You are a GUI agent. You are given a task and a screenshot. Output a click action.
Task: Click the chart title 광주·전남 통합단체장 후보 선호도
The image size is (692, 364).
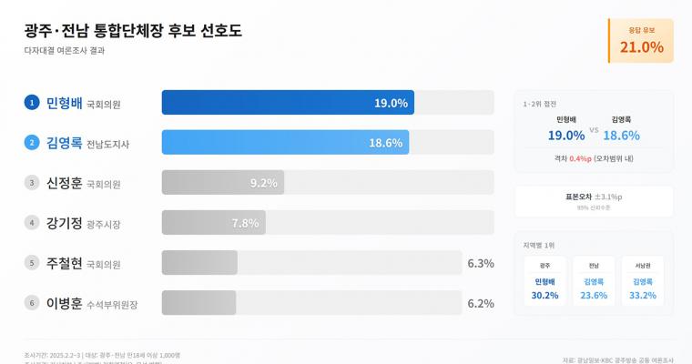point(133,30)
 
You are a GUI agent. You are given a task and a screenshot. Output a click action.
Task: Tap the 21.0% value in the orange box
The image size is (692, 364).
point(641,47)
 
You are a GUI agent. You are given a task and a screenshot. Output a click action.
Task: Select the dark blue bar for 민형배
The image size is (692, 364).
point(288,103)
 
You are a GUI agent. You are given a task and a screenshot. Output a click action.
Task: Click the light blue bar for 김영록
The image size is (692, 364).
point(285,143)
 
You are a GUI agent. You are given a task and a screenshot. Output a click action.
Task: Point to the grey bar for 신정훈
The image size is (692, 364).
point(223,183)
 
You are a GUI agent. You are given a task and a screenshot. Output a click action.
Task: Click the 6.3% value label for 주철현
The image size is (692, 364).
point(480,263)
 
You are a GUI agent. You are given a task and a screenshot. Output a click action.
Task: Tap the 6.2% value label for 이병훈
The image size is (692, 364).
point(480,303)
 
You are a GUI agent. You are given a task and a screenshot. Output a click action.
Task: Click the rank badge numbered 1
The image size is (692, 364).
point(32,103)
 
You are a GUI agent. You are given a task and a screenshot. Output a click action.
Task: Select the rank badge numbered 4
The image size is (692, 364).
point(32,223)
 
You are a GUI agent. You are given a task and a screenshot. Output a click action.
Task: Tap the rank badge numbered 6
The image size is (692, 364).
point(32,303)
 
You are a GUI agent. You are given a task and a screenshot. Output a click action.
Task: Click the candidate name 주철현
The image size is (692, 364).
point(64,263)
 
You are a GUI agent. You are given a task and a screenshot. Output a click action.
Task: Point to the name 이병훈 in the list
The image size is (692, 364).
point(64,303)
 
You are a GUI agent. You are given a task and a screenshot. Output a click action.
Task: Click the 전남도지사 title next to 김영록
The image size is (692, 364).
point(109,144)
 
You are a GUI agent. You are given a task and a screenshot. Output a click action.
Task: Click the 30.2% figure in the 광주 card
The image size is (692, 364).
point(544,296)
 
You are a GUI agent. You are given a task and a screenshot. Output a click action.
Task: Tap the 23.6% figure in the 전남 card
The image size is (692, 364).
point(594,296)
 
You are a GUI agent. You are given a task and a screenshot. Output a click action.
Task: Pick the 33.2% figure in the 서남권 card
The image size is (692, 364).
point(643,296)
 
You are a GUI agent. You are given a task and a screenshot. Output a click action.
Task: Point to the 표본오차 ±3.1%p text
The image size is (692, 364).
point(594,197)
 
